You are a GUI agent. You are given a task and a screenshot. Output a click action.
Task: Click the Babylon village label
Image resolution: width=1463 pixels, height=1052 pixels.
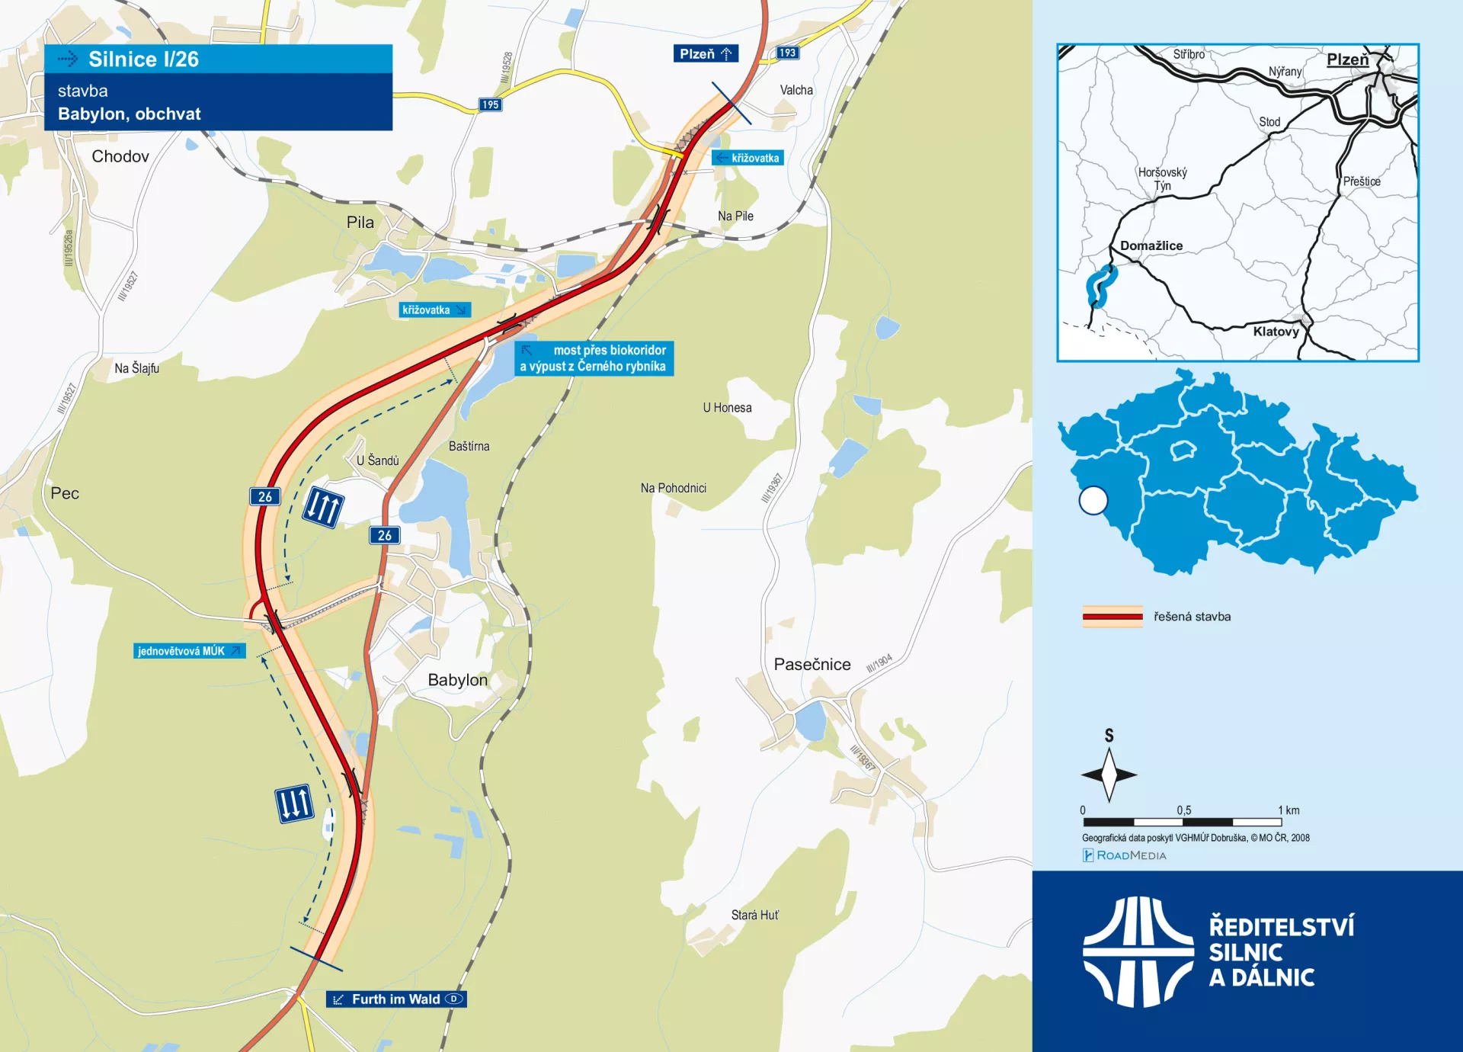coord(457,680)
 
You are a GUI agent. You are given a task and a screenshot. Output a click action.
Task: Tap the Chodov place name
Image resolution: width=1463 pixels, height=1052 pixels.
coord(120,156)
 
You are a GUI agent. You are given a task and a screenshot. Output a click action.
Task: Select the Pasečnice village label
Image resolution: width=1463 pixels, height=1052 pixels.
coord(812,664)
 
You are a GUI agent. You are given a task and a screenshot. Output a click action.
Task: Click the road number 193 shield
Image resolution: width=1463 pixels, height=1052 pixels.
coord(787,53)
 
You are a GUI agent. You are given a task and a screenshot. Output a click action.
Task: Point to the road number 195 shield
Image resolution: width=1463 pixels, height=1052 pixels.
coord(490,104)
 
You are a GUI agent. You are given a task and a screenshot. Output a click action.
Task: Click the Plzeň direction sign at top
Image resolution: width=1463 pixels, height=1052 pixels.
coord(706,53)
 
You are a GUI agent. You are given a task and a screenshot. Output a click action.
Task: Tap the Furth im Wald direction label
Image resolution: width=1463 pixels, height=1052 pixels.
coord(396,999)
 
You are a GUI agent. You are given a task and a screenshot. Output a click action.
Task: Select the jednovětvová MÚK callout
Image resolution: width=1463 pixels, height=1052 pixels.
coord(189,651)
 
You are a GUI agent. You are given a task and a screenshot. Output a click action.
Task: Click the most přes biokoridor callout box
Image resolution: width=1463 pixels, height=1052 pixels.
coord(594,358)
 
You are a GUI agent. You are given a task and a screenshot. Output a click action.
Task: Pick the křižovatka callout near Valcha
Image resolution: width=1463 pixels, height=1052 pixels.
coord(748,158)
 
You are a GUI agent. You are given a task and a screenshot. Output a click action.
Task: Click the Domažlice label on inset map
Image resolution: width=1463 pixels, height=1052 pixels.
coord(1151,245)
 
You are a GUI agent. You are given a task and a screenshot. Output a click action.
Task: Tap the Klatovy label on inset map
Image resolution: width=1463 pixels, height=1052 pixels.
coord(1276,332)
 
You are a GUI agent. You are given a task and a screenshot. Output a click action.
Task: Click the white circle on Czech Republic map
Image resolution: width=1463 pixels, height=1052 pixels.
coord(1093,501)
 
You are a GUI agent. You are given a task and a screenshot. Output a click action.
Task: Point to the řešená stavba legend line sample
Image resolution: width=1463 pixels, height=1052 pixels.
coord(1112,617)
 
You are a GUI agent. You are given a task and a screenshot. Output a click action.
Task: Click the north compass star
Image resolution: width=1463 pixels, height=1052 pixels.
coord(1109,775)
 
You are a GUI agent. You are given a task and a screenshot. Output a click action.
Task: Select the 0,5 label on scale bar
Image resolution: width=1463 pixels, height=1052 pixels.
coord(1183,810)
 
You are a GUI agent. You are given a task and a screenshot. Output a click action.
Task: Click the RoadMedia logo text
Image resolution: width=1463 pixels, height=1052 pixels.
coord(1131,855)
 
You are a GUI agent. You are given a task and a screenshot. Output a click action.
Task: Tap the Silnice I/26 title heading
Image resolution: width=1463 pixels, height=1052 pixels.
coord(143,59)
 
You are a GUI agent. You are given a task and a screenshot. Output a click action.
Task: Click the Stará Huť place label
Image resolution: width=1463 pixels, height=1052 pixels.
coord(754,915)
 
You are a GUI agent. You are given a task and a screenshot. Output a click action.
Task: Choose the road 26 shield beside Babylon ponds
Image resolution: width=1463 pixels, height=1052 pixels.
coord(385,535)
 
